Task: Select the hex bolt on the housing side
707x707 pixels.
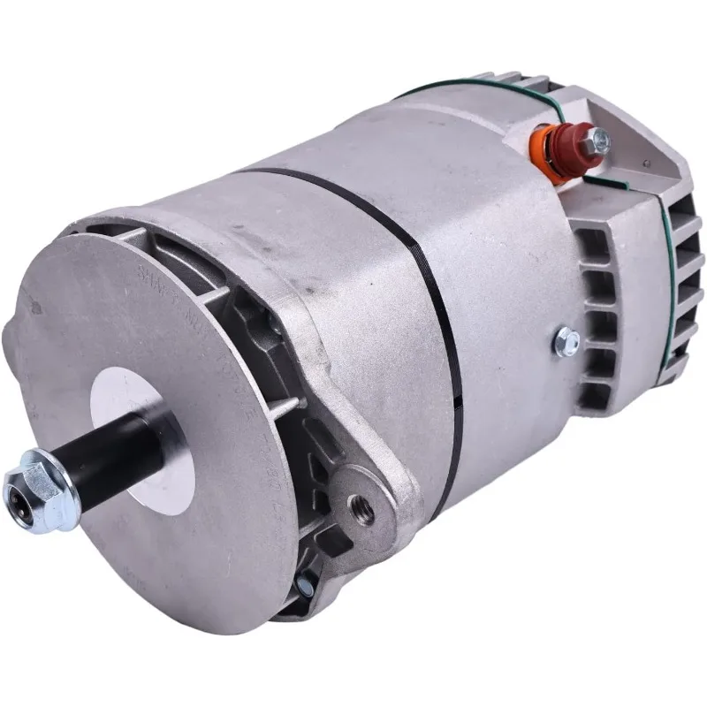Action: pyautogui.click(x=566, y=340)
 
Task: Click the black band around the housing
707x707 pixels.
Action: pyautogui.click(x=433, y=292)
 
